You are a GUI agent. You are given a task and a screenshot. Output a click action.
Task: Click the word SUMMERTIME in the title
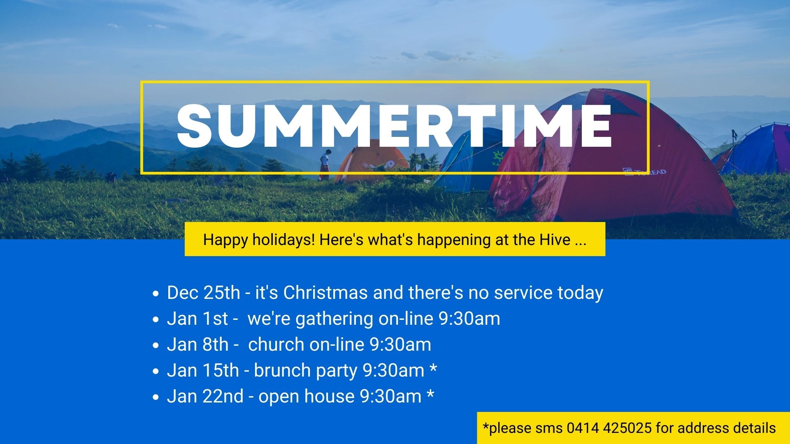395,125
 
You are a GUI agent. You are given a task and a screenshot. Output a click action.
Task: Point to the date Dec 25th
203,293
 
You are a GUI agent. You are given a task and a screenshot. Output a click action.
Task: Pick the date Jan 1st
197,319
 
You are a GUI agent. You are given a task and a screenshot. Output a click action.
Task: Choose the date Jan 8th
197,345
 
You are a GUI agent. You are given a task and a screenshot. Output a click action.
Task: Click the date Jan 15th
203,370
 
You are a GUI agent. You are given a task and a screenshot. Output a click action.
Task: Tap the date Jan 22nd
205,396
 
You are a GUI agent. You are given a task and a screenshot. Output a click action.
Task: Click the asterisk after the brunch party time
433,368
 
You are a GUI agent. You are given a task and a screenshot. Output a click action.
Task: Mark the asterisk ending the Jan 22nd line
430,394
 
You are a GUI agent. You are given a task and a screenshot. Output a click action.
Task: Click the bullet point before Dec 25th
155,294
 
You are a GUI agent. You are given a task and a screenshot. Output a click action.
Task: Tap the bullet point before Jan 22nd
155,398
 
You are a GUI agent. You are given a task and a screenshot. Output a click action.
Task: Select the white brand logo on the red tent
645,172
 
